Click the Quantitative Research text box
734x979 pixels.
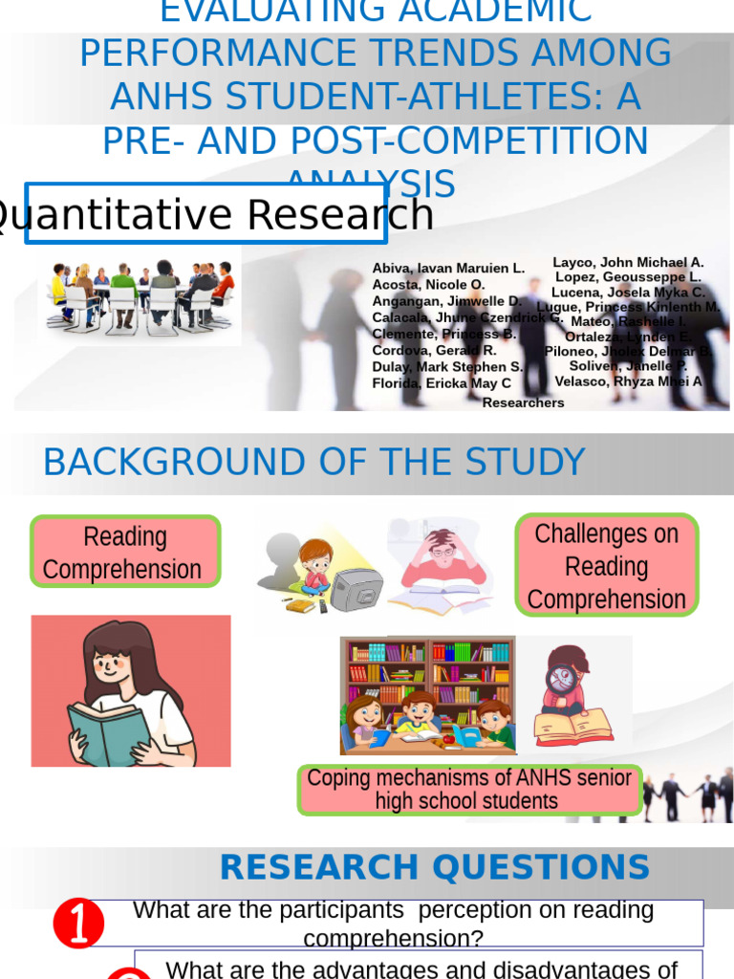point(205,213)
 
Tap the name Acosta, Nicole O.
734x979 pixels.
point(428,285)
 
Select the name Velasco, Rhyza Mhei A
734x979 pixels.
point(628,381)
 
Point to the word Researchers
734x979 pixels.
point(523,403)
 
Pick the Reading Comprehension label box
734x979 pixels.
point(124,552)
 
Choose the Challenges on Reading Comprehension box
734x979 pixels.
point(606,566)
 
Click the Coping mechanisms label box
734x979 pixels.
point(468,790)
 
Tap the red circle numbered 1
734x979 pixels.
point(78,924)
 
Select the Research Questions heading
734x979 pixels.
point(434,867)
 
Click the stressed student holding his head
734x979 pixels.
point(442,564)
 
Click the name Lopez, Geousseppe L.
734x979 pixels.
point(628,277)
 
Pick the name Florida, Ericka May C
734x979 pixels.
point(442,383)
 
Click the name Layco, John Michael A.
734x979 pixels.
point(628,262)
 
